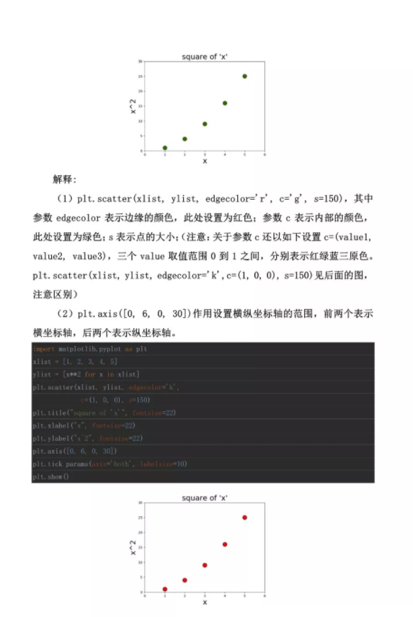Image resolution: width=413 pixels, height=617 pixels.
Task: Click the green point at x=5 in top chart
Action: pos(245,76)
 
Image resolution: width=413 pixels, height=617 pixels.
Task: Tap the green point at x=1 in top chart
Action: pos(165,148)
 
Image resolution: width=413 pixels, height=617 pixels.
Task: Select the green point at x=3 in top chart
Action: pos(205,124)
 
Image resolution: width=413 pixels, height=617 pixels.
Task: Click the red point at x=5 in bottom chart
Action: pos(245,518)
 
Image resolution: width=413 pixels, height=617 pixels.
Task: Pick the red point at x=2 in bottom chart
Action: pos(185,580)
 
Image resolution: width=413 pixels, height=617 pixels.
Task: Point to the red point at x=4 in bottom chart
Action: pos(225,544)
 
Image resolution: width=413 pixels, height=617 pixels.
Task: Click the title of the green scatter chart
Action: pos(205,56)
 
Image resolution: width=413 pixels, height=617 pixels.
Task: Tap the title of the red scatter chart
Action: pos(205,498)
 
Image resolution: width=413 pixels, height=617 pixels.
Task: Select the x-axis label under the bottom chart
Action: pos(205,602)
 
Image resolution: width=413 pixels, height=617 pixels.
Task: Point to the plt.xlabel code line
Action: pos(84,425)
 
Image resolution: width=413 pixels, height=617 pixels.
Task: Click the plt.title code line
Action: pos(104,412)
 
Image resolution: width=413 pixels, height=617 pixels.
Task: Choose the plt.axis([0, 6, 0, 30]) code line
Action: pos(75,451)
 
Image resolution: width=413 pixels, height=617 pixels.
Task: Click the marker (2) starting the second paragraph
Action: pos(66,313)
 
